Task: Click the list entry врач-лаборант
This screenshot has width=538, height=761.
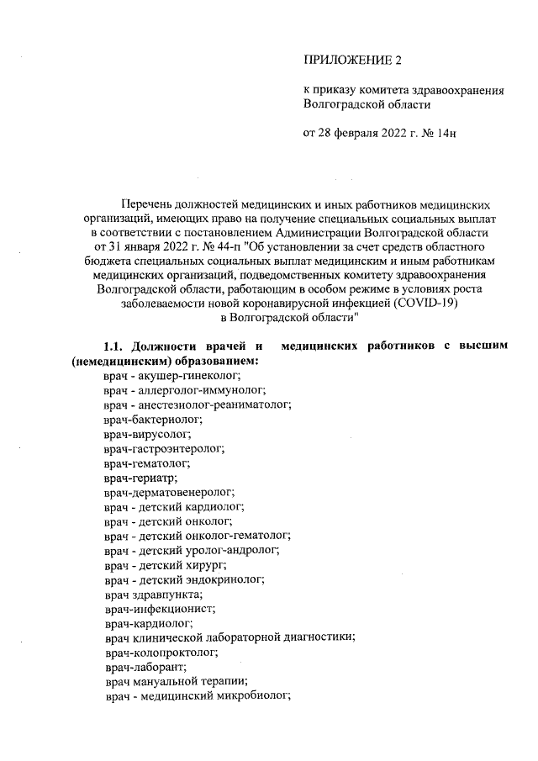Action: click(x=135, y=668)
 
